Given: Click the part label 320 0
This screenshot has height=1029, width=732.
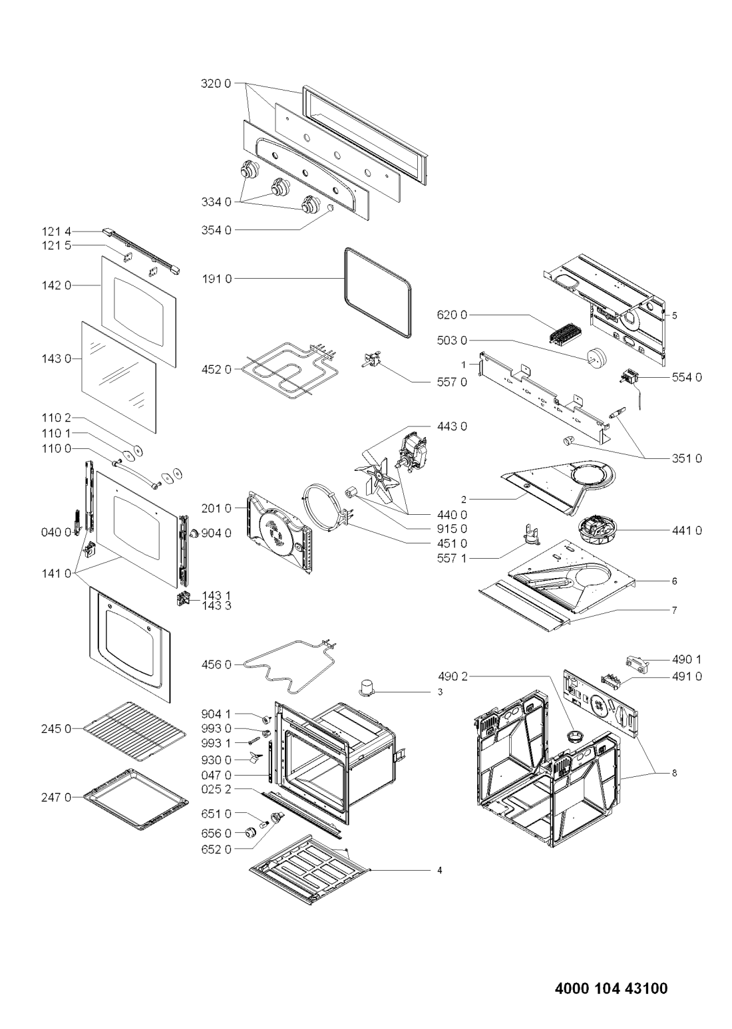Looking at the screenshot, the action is (x=216, y=84).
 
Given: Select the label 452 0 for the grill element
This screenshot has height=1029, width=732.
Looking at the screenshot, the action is (x=216, y=369).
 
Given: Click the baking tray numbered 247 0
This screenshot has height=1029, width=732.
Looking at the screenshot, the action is (x=136, y=798).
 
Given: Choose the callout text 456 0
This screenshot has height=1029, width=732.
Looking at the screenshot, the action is (x=216, y=664).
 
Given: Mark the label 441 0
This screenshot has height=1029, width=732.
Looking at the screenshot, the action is (x=687, y=531).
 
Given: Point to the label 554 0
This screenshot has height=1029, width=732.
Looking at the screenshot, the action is (x=687, y=377).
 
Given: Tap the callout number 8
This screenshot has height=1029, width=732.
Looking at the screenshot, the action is (x=674, y=773).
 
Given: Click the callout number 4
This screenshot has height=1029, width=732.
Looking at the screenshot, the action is (x=439, y=871).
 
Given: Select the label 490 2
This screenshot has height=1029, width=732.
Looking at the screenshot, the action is (x=452, y=676).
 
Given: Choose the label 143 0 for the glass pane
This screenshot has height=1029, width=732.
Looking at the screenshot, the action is (x=57, y=359).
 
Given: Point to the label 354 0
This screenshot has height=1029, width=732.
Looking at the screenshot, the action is (x=216, y=230).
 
